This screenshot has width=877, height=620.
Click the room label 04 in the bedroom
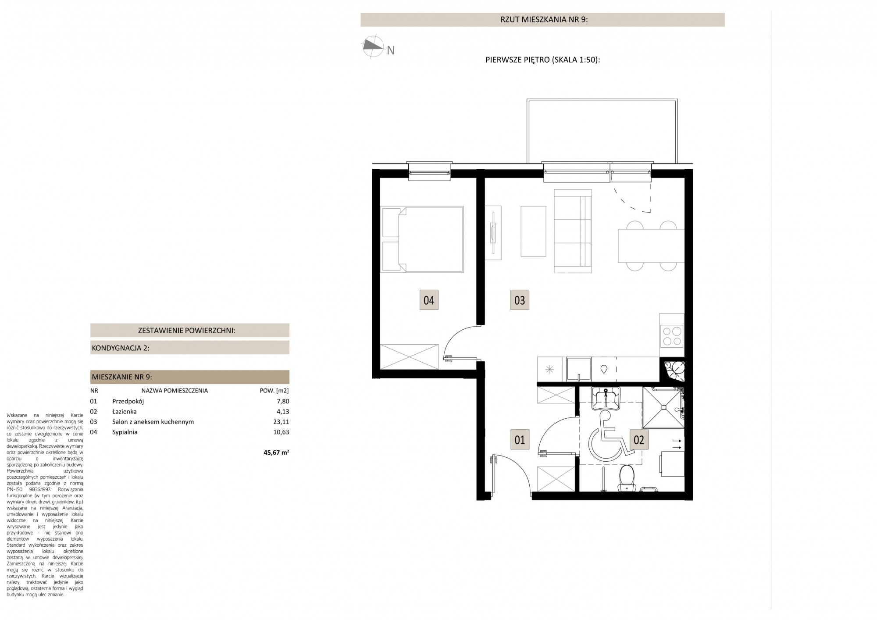429,300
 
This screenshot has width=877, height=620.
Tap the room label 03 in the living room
520,300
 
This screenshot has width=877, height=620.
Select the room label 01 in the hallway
520,439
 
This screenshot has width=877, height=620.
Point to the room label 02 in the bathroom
639,439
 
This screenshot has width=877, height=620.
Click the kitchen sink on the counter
578,369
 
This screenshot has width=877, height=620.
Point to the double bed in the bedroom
423,239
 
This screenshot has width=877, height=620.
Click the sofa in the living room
573,231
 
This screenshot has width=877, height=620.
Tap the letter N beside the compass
390,51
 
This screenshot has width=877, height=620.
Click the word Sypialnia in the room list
125,432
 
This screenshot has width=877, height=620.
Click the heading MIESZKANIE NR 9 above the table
122,377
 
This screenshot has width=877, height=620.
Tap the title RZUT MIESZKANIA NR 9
543,20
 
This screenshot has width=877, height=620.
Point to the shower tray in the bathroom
663,407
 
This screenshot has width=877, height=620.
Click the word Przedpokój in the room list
128,402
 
